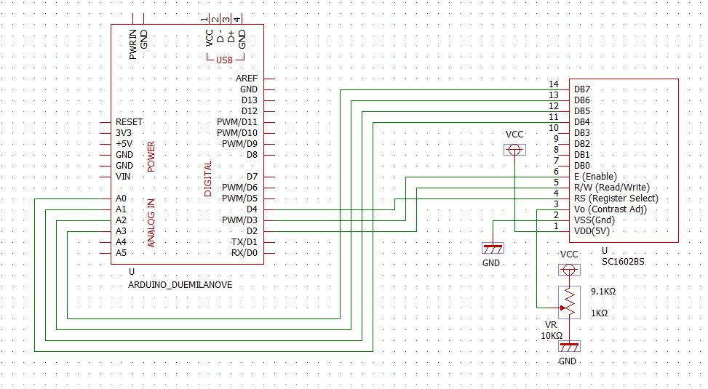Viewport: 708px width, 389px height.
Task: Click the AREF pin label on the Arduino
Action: pos(246,79)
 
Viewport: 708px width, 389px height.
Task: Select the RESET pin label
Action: pos(129,122)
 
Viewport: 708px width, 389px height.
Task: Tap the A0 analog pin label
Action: pos(121,198)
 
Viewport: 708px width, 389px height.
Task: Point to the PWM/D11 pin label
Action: pos(236,122)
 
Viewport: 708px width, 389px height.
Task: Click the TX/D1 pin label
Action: pos(244,241)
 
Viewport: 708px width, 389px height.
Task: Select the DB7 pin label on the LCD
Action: pos(581,89)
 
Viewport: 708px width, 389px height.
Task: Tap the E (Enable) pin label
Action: pos(595,177)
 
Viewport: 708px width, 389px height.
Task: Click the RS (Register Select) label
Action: pos(616,198)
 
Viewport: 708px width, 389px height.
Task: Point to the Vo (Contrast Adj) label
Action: pos(610,209)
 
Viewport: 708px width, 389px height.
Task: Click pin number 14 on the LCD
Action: pos(553,84)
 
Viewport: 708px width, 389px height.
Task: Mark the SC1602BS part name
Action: pos(623,260)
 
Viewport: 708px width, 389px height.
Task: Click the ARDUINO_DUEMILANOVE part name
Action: pos(180,285)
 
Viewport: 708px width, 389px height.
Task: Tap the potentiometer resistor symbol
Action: pos(569,302)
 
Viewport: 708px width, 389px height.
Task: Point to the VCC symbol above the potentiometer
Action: pos(569,269)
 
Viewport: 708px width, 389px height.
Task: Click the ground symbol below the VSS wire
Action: pos(492,249)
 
